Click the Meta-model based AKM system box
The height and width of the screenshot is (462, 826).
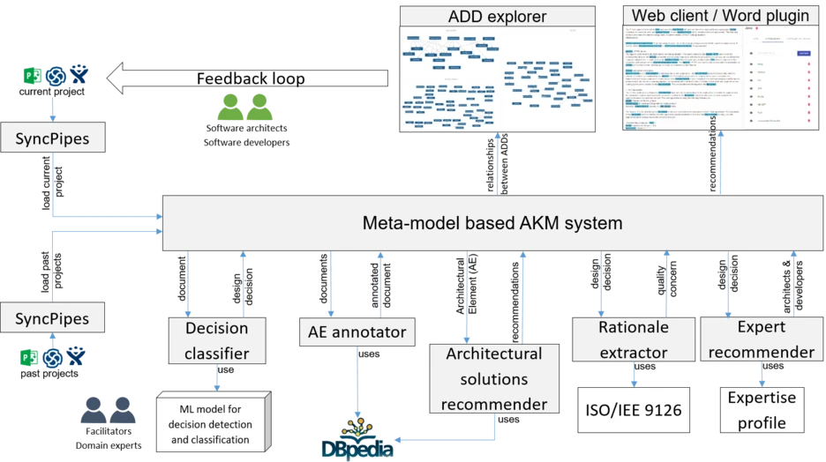492,223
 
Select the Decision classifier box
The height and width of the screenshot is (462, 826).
216,340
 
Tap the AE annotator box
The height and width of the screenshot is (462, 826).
357,332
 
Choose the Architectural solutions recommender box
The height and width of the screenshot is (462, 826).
493,379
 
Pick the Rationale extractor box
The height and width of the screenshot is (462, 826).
633,339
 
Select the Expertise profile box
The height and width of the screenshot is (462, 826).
762,410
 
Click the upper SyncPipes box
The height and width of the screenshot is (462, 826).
52,138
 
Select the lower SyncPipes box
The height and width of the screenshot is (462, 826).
52,318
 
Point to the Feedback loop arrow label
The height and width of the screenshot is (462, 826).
250,79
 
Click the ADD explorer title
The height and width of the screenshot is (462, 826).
497,16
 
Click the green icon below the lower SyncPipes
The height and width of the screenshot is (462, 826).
28,356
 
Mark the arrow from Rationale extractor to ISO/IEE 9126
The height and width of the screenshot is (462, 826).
633,374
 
